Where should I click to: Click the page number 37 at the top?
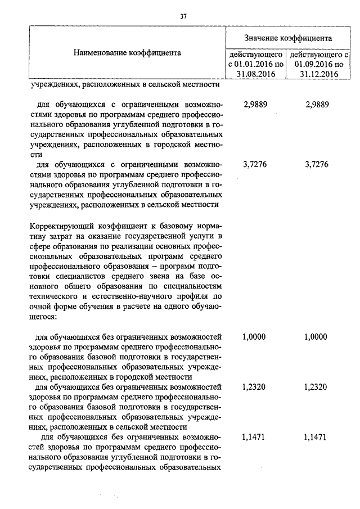click(183, 16)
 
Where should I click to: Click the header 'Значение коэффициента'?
click(287, 38)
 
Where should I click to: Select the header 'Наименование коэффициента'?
click(127, 53)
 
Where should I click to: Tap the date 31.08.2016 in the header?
click(256, 73)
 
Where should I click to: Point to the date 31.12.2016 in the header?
click(318, 73)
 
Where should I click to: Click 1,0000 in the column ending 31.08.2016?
click(254, 337)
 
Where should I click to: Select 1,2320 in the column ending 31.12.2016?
click(316, 387)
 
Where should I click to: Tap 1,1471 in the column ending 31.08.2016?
click(254, 436)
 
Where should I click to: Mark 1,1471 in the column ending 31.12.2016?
click(316, 436)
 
